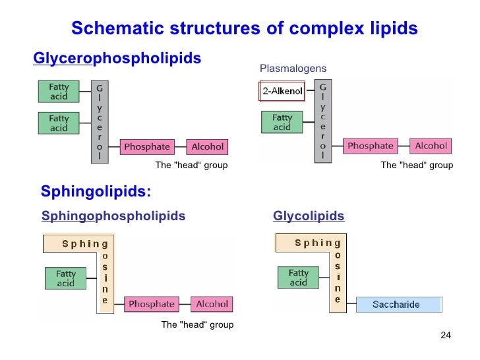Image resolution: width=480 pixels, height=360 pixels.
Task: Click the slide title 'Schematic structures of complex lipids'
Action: click(x=244, y=29)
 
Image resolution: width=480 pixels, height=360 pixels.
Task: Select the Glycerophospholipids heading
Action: click(x=117, y=59)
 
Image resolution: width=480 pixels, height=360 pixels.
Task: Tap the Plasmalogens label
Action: click(x=293, y=69)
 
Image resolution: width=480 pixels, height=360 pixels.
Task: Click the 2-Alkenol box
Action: click(x=282, y=92)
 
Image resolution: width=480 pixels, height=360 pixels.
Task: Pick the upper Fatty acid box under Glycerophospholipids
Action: click(x=59, y=91)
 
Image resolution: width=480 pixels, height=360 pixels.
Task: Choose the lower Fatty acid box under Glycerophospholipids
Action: click(x=59, y=123)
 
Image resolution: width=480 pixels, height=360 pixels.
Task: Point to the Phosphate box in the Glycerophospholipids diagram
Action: click(x=147, y=147)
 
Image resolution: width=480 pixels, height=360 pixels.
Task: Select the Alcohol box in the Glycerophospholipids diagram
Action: click(x=207, y=147)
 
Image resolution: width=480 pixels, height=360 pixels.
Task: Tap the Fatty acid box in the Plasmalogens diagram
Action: click(x=282, y=123)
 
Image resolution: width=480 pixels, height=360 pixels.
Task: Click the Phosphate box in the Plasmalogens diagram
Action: click(x=371, y=146)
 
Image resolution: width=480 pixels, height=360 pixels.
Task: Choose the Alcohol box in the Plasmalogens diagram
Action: click(x=431, y=146)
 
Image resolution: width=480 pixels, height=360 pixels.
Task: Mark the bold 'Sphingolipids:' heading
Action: click(x=96, y=192)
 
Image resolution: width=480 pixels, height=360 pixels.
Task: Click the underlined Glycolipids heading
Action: click(x=308, y=216)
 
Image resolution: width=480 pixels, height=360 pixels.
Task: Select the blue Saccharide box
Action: click(x=398, y=305)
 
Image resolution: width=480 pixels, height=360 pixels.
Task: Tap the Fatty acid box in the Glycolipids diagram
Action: click(x=299, y=278)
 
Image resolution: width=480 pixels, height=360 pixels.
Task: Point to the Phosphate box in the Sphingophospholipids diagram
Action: click(x=152, y=304)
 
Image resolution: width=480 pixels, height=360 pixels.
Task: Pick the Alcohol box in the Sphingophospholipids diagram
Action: click(x=212, y=304)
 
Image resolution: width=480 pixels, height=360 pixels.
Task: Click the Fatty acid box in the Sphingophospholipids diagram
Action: click(x=66, y=278)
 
